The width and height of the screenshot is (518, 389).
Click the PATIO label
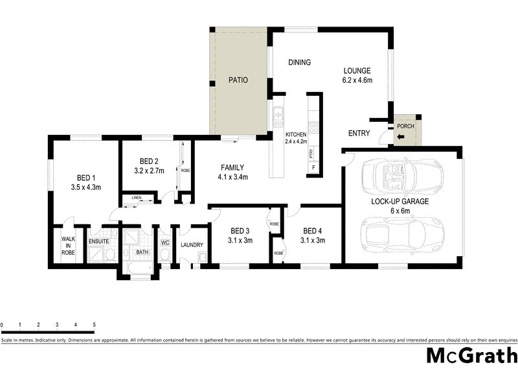pyautogui.click(x=238, y=80)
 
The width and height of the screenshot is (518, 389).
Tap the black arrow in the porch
pyautogui.click(x=401, y=137)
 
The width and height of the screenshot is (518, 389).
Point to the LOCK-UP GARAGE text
pyautogui.click(x=400, y=202)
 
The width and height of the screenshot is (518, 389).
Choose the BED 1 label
pyautogui.click(x=86, y=178)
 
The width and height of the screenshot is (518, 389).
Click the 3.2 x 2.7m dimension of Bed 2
pyautogui.click(x=150, y=171)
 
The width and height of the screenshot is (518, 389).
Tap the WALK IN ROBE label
pyautogui.click(x=68, y=245)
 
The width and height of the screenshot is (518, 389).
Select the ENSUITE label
pyautogui.click(x=99, y=241)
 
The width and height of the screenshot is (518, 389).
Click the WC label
pyautogui.click(x=164, y=243)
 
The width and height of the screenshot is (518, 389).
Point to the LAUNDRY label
pyautogui.click(x=192, y=245)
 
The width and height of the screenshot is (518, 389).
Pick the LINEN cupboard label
pyautogui.click(x=137, y=197)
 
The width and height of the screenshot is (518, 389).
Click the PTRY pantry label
pyautogui.click(x=311, y=154)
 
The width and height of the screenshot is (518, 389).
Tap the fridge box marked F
pyautogui.click(x=314, y=168)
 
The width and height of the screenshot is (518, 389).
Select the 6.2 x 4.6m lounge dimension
pyautogui.click(x=357, y=80)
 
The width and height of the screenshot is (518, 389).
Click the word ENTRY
pyautogui.click(x=359, y=134)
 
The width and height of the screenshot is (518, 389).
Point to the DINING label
pyautogui.click(x=299, y=63)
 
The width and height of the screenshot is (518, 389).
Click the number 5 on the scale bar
pyautogui.click(x=95, y=324)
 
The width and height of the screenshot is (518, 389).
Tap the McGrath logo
pyautogui.click(x=471, y=356)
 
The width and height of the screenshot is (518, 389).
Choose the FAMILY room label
pyautogui.click(x=232, y=167)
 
